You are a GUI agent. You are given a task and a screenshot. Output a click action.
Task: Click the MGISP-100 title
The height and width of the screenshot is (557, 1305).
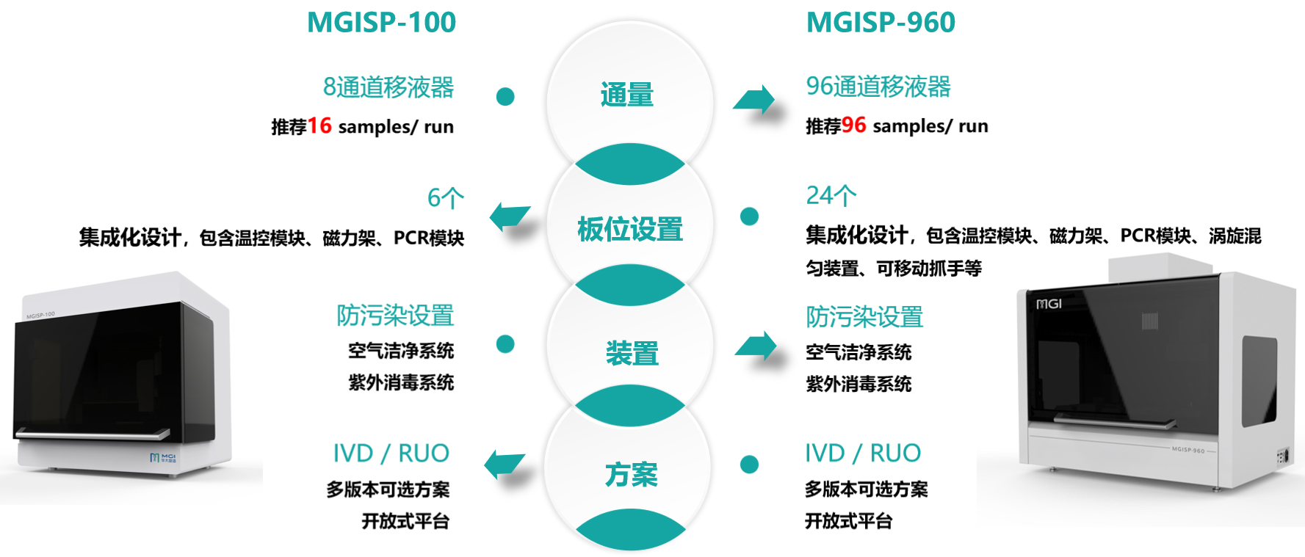[381, 23]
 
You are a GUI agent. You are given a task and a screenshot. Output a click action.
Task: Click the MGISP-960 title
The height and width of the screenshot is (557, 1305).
[881, 23]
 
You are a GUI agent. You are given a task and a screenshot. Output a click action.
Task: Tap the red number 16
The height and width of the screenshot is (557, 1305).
[319, 125]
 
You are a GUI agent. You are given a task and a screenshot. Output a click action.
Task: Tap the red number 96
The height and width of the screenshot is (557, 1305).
[853, 125]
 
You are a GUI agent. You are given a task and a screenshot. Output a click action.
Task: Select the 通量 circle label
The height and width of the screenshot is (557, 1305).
[626, 95]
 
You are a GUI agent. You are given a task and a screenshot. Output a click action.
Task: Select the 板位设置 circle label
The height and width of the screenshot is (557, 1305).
[629, 229]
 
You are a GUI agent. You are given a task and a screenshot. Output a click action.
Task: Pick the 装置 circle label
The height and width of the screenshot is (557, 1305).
[632, 353]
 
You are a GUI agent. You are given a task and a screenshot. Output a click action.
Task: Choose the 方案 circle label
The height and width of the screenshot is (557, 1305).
[631, 475]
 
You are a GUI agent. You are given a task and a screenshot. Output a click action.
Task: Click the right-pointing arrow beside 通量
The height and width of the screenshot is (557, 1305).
[754, 100]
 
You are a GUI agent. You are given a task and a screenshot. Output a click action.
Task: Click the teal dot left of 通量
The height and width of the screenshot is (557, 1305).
[505, 96]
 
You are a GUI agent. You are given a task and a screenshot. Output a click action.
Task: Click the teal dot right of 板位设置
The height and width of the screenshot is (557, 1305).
[749, 216]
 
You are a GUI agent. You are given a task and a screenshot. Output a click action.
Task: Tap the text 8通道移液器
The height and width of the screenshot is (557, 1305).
[388, 87]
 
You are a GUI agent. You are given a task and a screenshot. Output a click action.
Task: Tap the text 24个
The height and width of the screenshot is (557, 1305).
[831, 195]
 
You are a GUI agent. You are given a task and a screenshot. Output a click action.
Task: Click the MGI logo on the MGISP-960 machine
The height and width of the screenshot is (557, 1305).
[1049, 304]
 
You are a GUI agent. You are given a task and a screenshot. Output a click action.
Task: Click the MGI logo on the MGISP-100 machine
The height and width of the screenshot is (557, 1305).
[163, 458]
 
